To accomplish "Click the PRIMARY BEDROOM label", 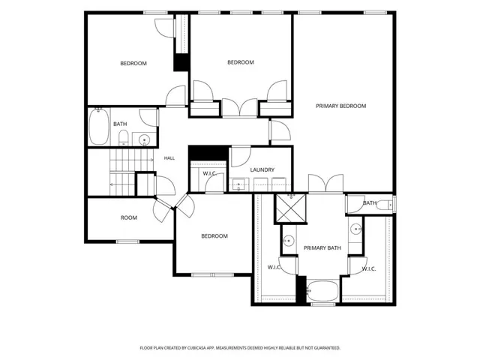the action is coord(340,106).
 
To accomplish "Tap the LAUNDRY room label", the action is coord(262,170).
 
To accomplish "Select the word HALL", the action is coord(169,158).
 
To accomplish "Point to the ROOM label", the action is coord(129,217).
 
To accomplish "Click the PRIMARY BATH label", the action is coord(322,248).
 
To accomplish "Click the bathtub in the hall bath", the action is coord(99,127).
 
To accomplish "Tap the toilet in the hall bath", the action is coord(123,137).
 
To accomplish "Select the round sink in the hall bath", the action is coord(144,140).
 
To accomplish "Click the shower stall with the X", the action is coord(291,208).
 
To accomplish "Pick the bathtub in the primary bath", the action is coord(322,291).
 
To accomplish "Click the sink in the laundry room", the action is coord(238,185).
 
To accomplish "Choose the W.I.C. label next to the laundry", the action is coord(210,173).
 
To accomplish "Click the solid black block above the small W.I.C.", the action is coord(208,153).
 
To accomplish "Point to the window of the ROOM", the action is coord(128,241).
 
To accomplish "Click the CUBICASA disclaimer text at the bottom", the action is coord(240,348).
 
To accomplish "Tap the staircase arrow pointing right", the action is coord(132,160).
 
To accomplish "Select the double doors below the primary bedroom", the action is coord(325,184).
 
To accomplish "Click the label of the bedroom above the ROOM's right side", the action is coord(214,236).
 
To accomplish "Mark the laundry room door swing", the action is coord(241,157).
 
